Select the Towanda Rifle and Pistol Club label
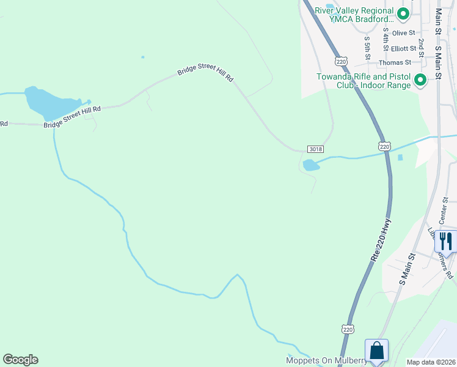(363, 81)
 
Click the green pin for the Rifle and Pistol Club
(420, 80)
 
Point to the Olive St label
(403, 33)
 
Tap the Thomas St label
(395, 62)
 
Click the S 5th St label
(368, 47)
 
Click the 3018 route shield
(315, 149)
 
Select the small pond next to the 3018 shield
(311, 165)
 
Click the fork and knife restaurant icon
(445, 240)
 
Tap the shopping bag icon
(376, 351)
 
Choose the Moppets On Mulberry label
(327, 361)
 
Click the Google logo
(20, 360)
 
